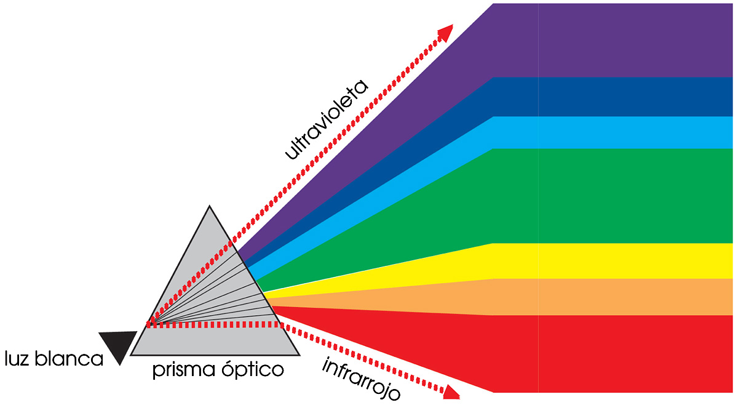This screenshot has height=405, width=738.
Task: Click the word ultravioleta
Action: pos(327,120)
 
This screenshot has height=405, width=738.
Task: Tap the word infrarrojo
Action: pos(362,378)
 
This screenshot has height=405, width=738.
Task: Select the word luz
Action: pos(18,359)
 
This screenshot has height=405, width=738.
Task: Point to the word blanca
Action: pos(71,359)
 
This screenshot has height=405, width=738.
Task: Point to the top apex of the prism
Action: pos(210,207)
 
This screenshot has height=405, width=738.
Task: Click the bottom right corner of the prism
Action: pos(299,355)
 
